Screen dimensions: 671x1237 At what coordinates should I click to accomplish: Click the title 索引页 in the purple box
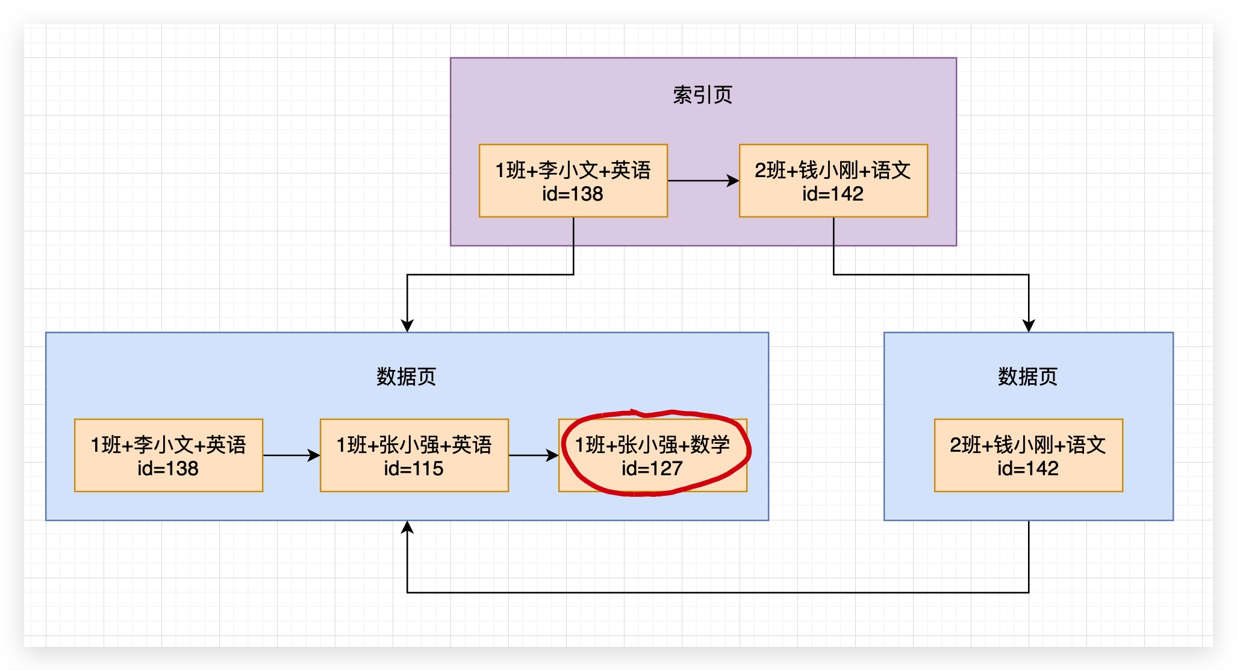(x=702, y=95)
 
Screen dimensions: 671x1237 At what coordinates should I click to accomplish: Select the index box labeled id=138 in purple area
(x=573, y=181)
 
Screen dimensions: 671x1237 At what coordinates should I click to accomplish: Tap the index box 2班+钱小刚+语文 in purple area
(x=833, y=181)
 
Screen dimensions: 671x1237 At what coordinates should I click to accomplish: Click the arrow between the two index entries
(x=702, y=181)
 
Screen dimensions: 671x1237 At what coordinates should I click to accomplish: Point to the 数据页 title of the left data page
(x=406, y=377)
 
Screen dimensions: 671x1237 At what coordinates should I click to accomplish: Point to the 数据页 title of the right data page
(x=1027, y=377)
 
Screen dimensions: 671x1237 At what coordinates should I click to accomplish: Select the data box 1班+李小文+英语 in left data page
(x=168, y=455)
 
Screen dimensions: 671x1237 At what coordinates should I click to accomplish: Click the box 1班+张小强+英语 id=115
(x=414, y=455)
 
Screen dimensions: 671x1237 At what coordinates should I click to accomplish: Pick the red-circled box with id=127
(x=652, y=455)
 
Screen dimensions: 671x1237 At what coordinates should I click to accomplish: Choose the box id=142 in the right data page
(x=1028, y=455)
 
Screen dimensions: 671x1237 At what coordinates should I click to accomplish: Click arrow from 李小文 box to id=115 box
(x=291, y=455)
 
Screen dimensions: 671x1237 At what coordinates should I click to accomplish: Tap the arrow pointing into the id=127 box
(x=533, y=455)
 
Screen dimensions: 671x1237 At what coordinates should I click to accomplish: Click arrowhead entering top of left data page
(x=407, y=325)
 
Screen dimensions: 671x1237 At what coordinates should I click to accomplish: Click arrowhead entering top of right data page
(x=1029, y=325)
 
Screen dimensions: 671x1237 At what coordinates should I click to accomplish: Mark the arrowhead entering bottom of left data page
(x=407, y=528)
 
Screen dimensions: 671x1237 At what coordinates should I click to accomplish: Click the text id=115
(x=414, y=469)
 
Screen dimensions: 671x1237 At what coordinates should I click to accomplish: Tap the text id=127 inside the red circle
(x=652, y=469)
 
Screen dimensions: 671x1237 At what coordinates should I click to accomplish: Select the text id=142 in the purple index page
(x=833, y=194)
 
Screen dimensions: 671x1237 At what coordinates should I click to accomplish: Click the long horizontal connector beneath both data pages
(x=717, y=593)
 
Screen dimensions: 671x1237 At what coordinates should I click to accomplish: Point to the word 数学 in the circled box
(x=710, y=445)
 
